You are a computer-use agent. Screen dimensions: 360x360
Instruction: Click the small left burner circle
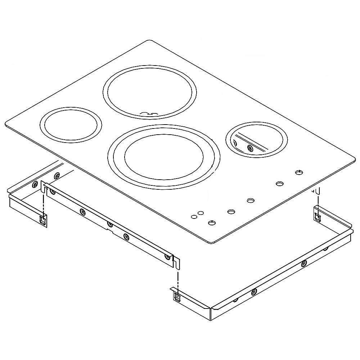pos(71,124)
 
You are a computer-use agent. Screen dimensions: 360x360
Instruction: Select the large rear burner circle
pos(150,91)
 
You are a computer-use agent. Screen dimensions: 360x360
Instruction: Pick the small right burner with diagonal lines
pos(257,140)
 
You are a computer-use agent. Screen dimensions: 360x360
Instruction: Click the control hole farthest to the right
pos(299,172)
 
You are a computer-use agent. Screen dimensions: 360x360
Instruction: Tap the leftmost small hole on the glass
pos(194,217)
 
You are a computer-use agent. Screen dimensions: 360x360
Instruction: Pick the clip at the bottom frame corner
pos(177,296)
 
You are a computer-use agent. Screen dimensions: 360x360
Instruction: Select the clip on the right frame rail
pos(318,216)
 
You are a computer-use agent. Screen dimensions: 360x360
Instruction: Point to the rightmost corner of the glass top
pos(354,158)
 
